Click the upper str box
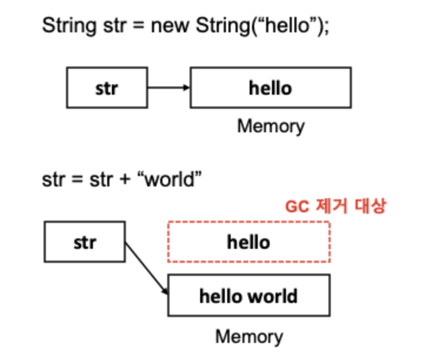(107, 88)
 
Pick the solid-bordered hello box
(270, 88)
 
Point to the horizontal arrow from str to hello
(167, 88)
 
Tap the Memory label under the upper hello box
(271, 126)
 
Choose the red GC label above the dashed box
(336, 206)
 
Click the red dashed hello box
(248, 242)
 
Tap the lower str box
(85, 242)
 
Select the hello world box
(248, 295)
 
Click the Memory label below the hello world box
(249, 336)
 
